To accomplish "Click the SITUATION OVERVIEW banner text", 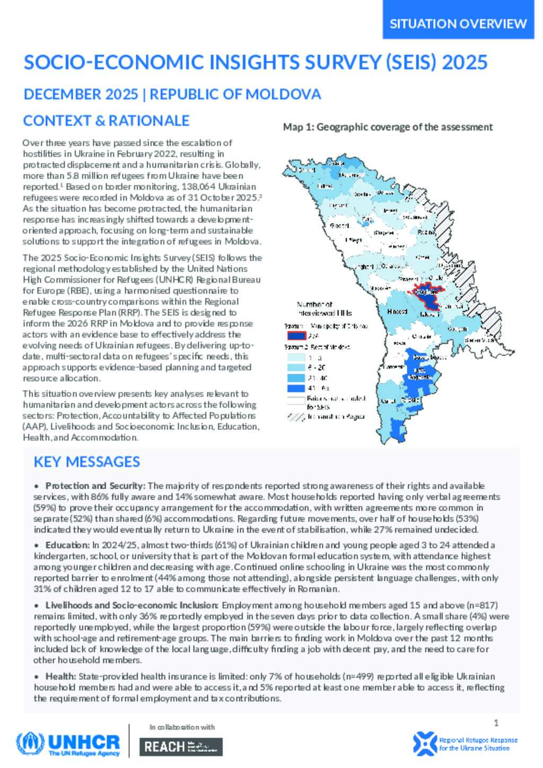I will (x=458, y=24).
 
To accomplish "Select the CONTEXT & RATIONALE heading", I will (x=106, y=121).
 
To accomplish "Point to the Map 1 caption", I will (x=388, y=127).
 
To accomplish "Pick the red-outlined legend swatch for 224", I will (x=296, y=335).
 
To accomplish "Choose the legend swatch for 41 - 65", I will (x=296, y=389).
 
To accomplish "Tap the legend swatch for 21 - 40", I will (x=296, y=378).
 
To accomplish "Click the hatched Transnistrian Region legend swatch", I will (x=296, y=417).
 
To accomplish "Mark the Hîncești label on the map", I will (x=397, y=312).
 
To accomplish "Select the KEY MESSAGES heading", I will (x=86, y=462).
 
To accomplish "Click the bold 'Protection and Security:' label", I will (x=95, y=486).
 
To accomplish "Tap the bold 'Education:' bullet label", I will (x=67, y=545).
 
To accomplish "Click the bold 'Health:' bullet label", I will (x=61, y=676).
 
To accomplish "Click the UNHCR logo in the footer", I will (x=68, y=744).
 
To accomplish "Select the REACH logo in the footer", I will (x=181, y=746).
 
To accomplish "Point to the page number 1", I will (x=496, y=723).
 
